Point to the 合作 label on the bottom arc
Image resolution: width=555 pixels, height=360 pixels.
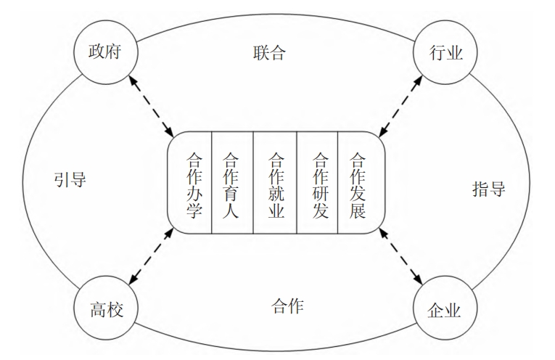coord(278,305)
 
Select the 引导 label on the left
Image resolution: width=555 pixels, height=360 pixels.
coord(70,179)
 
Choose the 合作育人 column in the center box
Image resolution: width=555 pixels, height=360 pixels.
coord(232,184)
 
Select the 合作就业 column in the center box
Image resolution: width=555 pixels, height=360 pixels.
coord(276,184)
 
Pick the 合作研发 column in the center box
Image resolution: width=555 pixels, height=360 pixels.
coord(318,184)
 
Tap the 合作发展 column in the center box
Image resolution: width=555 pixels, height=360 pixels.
coord(358,184)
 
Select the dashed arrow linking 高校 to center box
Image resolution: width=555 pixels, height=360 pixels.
coord(152,258)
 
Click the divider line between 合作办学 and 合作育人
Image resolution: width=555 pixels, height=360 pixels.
coord(211,184)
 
